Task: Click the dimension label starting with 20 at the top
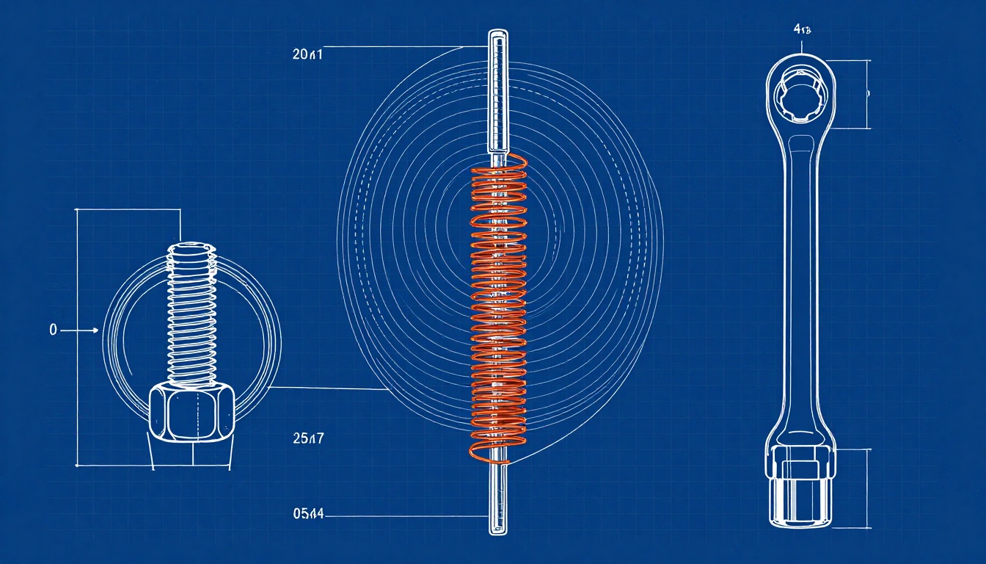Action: point(307,54)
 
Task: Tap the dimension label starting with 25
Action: point(307,439)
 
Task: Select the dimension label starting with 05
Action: point(308,514)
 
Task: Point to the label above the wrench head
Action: point(802,30)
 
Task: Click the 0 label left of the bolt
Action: point(53,331)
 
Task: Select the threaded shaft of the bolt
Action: point(193,316)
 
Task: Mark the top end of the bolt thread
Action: point(193,248)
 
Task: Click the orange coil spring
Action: point(498,308)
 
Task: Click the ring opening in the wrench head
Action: point(800,96)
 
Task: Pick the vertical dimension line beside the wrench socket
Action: point(869,488)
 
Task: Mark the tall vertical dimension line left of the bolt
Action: point(77,338)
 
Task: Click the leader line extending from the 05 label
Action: point(403,516)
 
